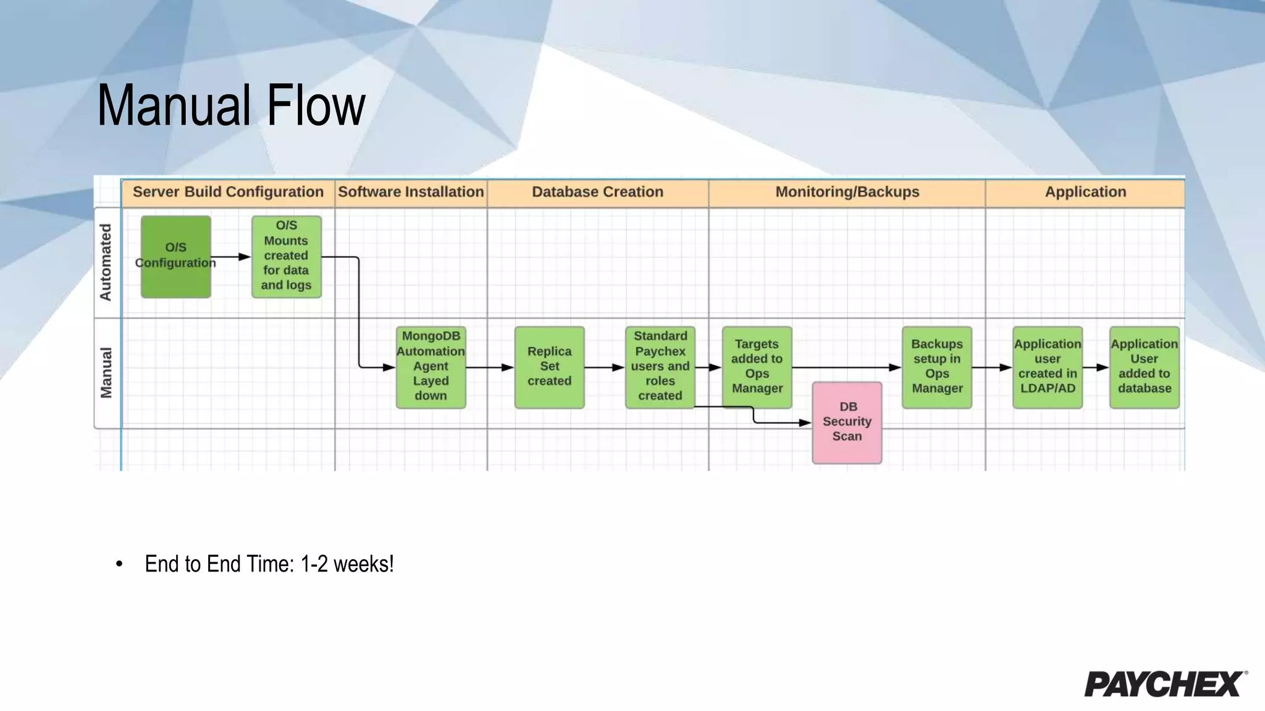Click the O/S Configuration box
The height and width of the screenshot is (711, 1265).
point(175,256)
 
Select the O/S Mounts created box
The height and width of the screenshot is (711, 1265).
point(286,256)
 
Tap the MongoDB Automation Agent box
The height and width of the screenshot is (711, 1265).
point(431,367)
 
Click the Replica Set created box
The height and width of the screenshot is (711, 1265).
point(549,367)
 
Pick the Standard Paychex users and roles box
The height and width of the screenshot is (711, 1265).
point(660,367)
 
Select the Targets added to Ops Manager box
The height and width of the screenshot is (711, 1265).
point(757,367)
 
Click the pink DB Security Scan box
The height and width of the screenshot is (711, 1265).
point(847,422)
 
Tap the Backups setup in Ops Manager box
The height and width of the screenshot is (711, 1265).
point(936,367)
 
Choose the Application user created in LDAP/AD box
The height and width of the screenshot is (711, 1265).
point(1047,367)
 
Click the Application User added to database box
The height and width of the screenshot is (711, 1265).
point(1144,367)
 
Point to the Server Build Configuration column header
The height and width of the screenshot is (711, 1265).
point(228,192)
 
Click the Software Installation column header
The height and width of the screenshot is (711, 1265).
point(411,192)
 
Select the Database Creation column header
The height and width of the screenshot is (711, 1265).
point(597,192)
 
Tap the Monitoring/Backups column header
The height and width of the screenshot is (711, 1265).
point(847,192)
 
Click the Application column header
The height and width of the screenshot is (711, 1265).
point(1085,192)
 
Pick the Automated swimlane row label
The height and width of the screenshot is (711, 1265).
point(106,262)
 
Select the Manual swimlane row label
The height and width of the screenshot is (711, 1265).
point(106,373)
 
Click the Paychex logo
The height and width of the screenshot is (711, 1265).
point(1165,684)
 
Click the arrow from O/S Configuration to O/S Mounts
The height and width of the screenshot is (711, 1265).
point(231,257)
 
